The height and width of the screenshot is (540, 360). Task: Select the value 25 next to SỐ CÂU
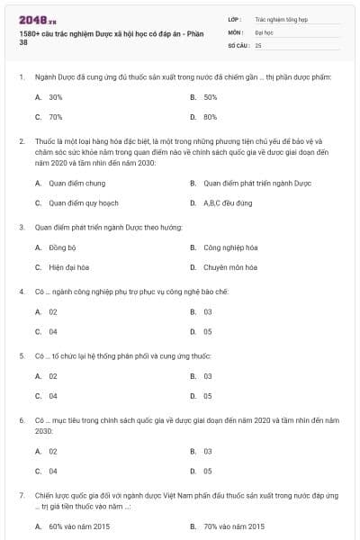tap(258, 44)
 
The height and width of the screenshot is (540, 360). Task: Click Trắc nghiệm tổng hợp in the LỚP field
tap(280, 18)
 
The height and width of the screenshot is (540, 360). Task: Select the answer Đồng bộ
tap(62, 247)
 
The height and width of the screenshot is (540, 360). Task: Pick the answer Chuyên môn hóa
tap(229, 267)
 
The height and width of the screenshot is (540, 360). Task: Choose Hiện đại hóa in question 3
tap(68, 267)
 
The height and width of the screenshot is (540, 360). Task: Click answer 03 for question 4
tap(208, 311)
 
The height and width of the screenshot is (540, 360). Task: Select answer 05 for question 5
tap(208, 396)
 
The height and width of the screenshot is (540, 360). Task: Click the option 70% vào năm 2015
tap(234, 526)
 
